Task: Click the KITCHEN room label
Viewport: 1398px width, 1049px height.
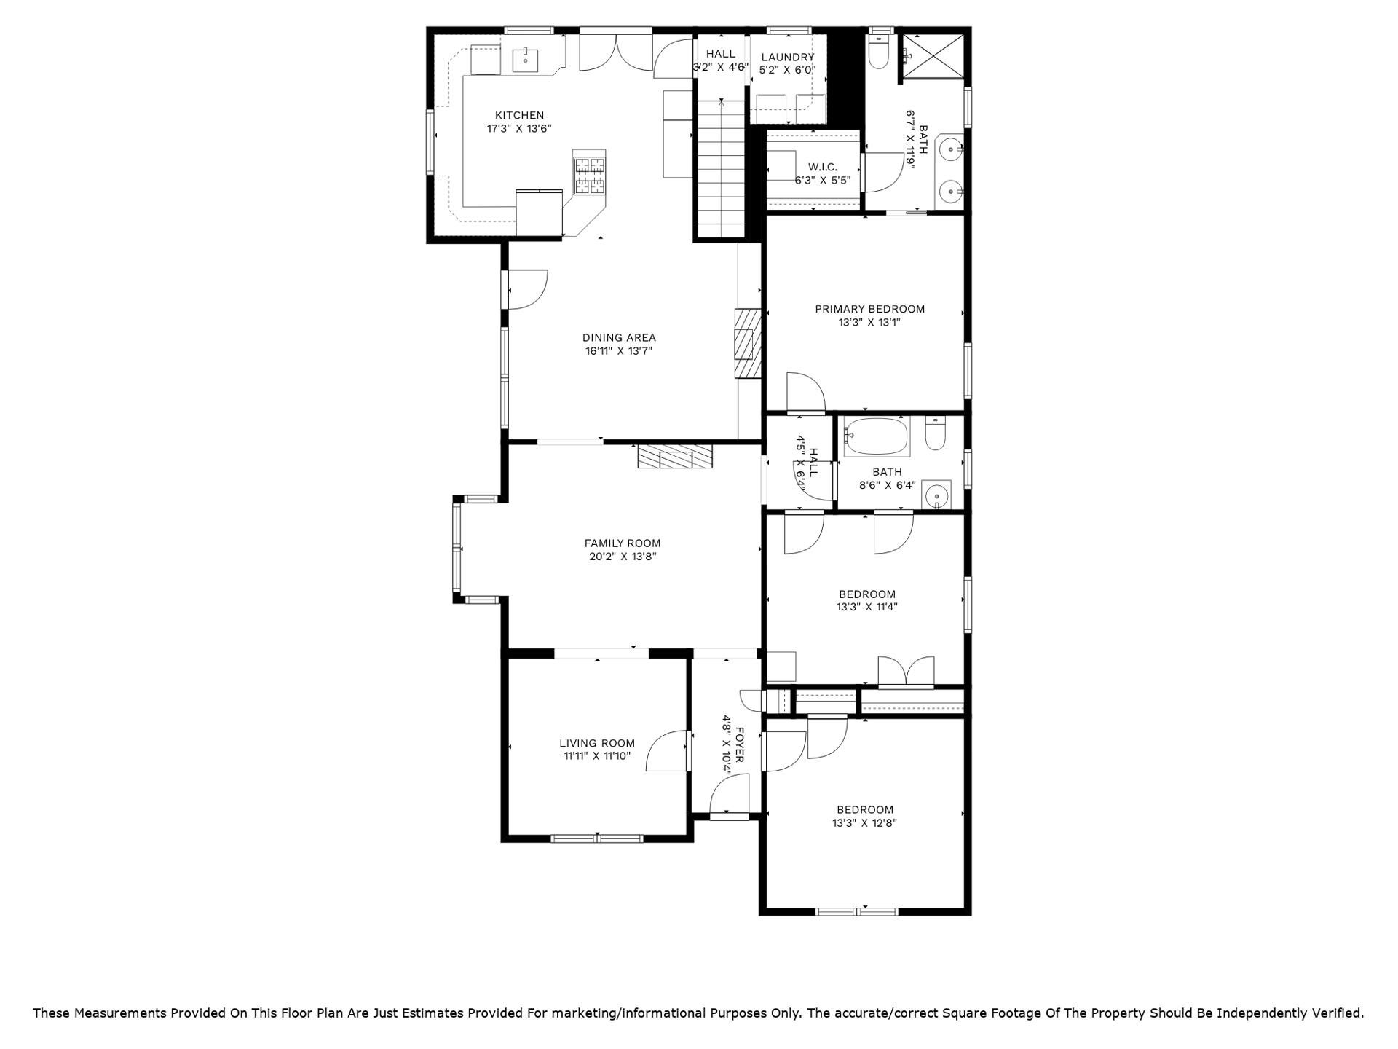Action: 519,115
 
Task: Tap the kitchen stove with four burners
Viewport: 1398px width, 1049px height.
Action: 590,175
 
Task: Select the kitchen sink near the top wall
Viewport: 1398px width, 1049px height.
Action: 524,59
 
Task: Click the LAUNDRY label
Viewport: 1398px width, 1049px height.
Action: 787,57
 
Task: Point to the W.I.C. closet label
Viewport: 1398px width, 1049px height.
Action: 822,167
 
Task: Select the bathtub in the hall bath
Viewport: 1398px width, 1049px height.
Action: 877,437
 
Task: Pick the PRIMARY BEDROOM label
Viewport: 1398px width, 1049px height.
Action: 869,309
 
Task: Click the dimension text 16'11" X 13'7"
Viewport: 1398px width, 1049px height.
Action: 618,351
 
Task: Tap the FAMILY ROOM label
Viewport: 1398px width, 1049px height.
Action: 623,543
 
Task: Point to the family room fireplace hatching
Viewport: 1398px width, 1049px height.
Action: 675,456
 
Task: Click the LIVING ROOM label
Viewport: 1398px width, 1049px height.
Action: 597,743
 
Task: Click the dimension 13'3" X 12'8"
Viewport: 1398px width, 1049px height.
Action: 865,823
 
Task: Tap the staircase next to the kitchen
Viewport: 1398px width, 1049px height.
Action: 722,168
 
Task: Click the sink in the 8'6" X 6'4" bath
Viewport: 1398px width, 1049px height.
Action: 936,495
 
